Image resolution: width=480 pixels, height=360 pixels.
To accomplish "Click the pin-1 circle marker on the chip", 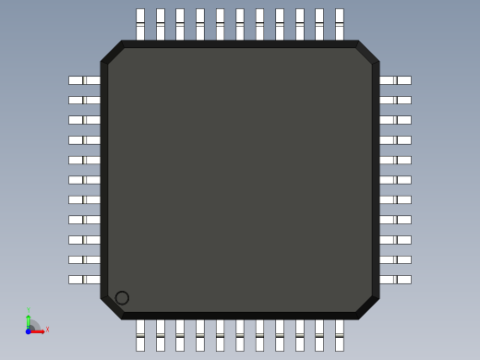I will coord(122,297).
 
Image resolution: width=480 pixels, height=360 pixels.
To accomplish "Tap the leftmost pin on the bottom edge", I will coord(140,334).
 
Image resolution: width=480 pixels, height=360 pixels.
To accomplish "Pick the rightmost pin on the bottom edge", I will coord(340,334).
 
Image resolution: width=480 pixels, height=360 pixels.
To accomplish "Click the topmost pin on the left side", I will coord(84,80).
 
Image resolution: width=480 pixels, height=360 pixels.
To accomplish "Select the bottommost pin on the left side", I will coord(84,280).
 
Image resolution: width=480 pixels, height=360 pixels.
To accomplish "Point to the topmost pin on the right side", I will coord(395,80).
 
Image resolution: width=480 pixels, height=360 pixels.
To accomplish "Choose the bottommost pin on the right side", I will coord(395,280).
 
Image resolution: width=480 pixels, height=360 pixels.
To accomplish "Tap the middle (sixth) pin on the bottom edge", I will coord(240,334).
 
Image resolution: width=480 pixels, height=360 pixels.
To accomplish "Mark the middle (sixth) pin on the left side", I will coord(84,180).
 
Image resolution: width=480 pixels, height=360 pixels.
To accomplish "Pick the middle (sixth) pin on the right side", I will coord(395,180).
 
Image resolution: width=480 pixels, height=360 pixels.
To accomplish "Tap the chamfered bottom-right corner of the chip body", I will coord(367,307).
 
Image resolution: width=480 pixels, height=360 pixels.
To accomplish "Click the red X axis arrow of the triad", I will coord(42,330).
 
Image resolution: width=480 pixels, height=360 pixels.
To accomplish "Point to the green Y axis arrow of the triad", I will coord(29,317).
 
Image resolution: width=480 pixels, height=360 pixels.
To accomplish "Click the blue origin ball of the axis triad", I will coord(29,330).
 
